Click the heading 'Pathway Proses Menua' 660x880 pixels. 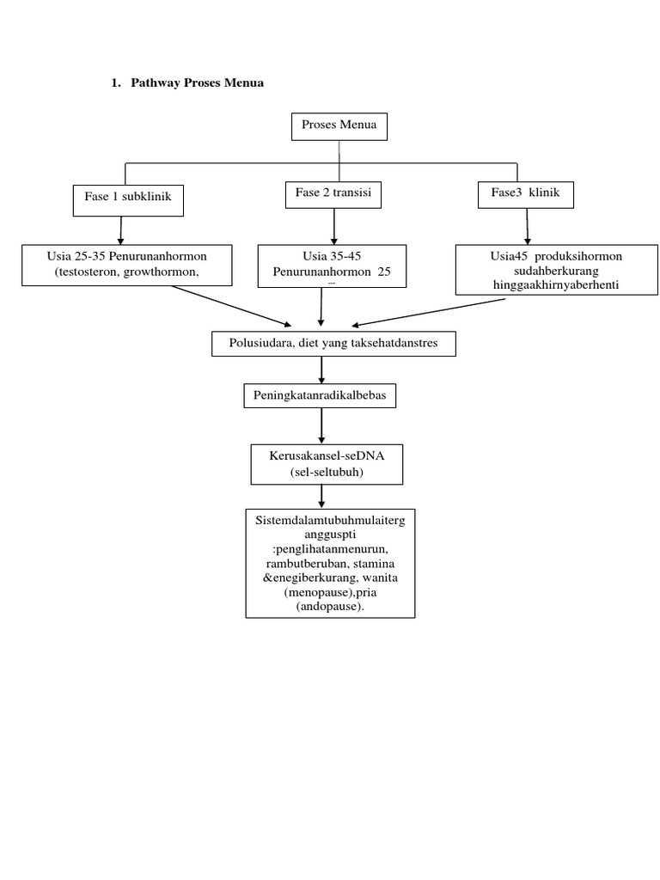tap(197, 83)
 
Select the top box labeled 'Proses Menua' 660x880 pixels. tap(339, 126)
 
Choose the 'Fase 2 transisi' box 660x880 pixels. tap(333, 194)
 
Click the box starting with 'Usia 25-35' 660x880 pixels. tap(127, 265)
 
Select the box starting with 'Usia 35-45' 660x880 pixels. tap(333, 265)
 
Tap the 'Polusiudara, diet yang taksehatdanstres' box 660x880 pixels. tap(333, 344)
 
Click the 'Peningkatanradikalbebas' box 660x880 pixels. tap(321, 396)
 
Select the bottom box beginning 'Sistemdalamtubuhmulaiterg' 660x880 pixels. tap(330, 563)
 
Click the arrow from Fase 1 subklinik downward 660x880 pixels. tap(121, 229)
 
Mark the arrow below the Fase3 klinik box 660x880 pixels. tap(527, 226)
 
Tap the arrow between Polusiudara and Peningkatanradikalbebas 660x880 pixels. tap(321, 370)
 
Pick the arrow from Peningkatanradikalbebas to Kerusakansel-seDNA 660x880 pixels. tap(321, 425)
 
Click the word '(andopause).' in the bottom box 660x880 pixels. tap(330, 607)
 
